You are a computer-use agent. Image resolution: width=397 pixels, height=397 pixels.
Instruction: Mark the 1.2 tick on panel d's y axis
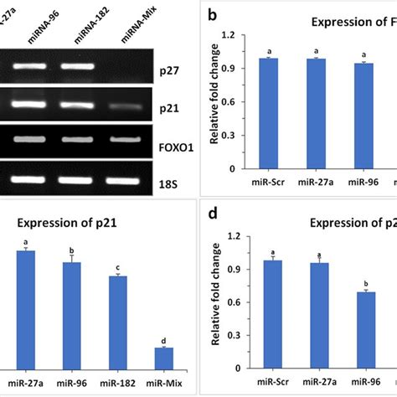pyautogui.click(x=237, y=236)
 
